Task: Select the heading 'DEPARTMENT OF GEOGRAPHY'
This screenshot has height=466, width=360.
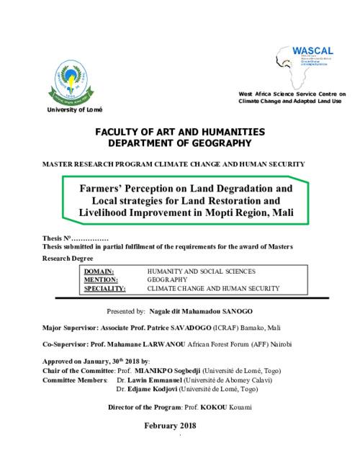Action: point(179,143)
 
